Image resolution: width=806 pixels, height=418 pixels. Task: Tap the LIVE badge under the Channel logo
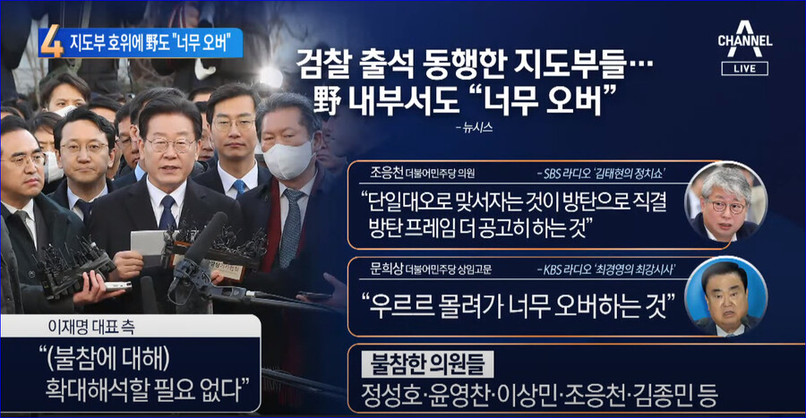click(x=744, y=69)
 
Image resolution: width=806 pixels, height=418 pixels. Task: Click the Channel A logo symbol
click(x=744, y=27)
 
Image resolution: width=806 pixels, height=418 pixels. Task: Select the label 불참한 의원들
click(x=425, y=365)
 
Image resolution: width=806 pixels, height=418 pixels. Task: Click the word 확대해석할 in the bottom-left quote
click(x=95, y=391)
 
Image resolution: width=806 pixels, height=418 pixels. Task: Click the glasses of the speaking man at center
click(x=170, y=144)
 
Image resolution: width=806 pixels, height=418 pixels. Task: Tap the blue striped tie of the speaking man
click(x=167, y=212)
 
